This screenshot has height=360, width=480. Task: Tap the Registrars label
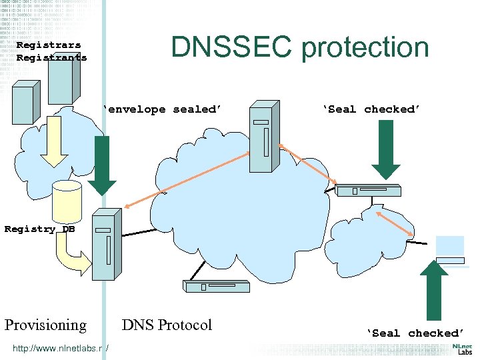[49, 45]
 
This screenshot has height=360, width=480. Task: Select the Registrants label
[51, 57]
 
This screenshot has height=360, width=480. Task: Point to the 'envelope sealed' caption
[161, 109]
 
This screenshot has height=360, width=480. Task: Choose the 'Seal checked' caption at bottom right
[414, 333]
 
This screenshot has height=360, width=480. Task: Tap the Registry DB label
[39, 229]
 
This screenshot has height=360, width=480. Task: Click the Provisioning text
[45, 325]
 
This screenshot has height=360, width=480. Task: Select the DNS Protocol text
[167, 325]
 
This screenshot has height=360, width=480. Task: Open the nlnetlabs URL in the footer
[60, 347]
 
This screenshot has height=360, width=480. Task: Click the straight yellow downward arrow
[54, 149]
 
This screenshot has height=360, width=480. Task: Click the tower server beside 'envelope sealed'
[263, 137]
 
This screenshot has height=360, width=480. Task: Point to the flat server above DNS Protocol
[216, 287]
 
